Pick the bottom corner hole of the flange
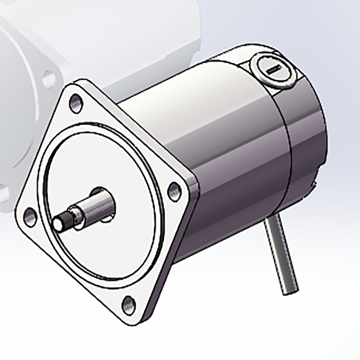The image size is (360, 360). click(129, 305)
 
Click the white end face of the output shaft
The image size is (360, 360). click(58, 224)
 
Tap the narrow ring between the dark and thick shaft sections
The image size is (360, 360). click(76, 215)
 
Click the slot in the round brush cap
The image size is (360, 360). click(275, 69)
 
